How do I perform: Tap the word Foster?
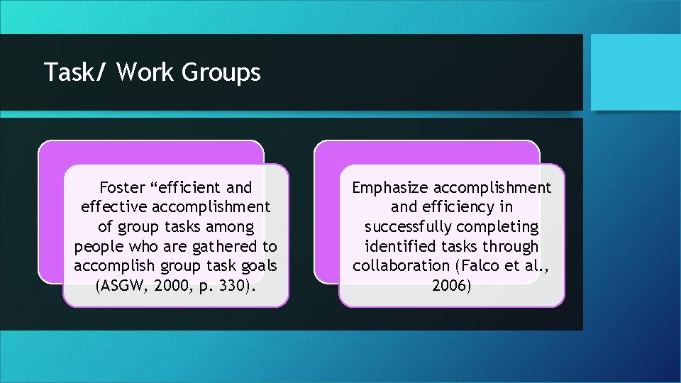123,187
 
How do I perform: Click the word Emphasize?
389,187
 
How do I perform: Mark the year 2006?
451,286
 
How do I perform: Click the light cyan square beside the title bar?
635,72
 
